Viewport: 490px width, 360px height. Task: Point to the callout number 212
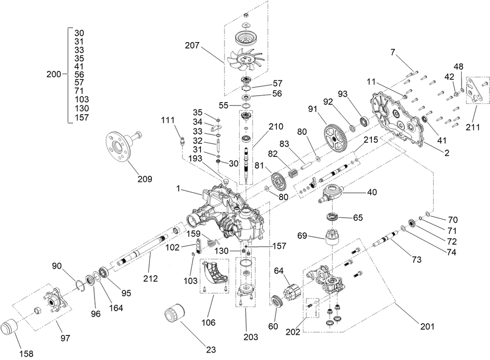click(150, 279)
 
